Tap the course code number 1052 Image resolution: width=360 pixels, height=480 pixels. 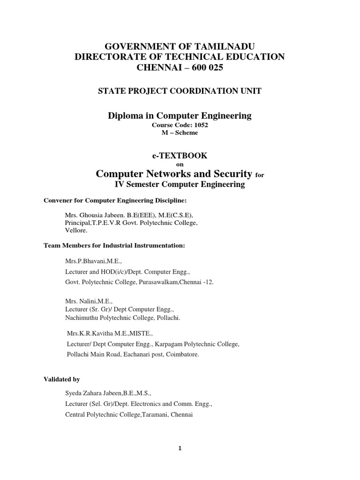199,125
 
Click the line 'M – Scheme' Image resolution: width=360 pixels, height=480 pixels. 180,133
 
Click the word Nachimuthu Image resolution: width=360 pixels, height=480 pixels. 83,318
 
